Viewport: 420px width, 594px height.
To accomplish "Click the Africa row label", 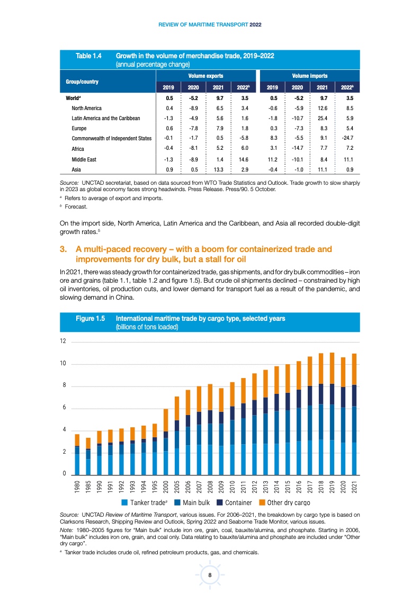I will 77,149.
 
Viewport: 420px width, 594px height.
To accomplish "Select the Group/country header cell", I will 82,82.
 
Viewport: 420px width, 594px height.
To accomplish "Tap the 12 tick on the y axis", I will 63,341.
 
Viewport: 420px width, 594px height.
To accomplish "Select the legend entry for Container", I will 238,502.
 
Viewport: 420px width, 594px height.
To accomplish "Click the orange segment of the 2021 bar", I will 354,369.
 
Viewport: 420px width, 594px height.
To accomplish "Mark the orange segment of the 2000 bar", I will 166,420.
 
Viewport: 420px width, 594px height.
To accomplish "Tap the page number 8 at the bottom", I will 210,575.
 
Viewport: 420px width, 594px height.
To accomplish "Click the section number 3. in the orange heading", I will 63,249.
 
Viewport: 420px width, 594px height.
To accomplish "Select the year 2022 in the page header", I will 256,24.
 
